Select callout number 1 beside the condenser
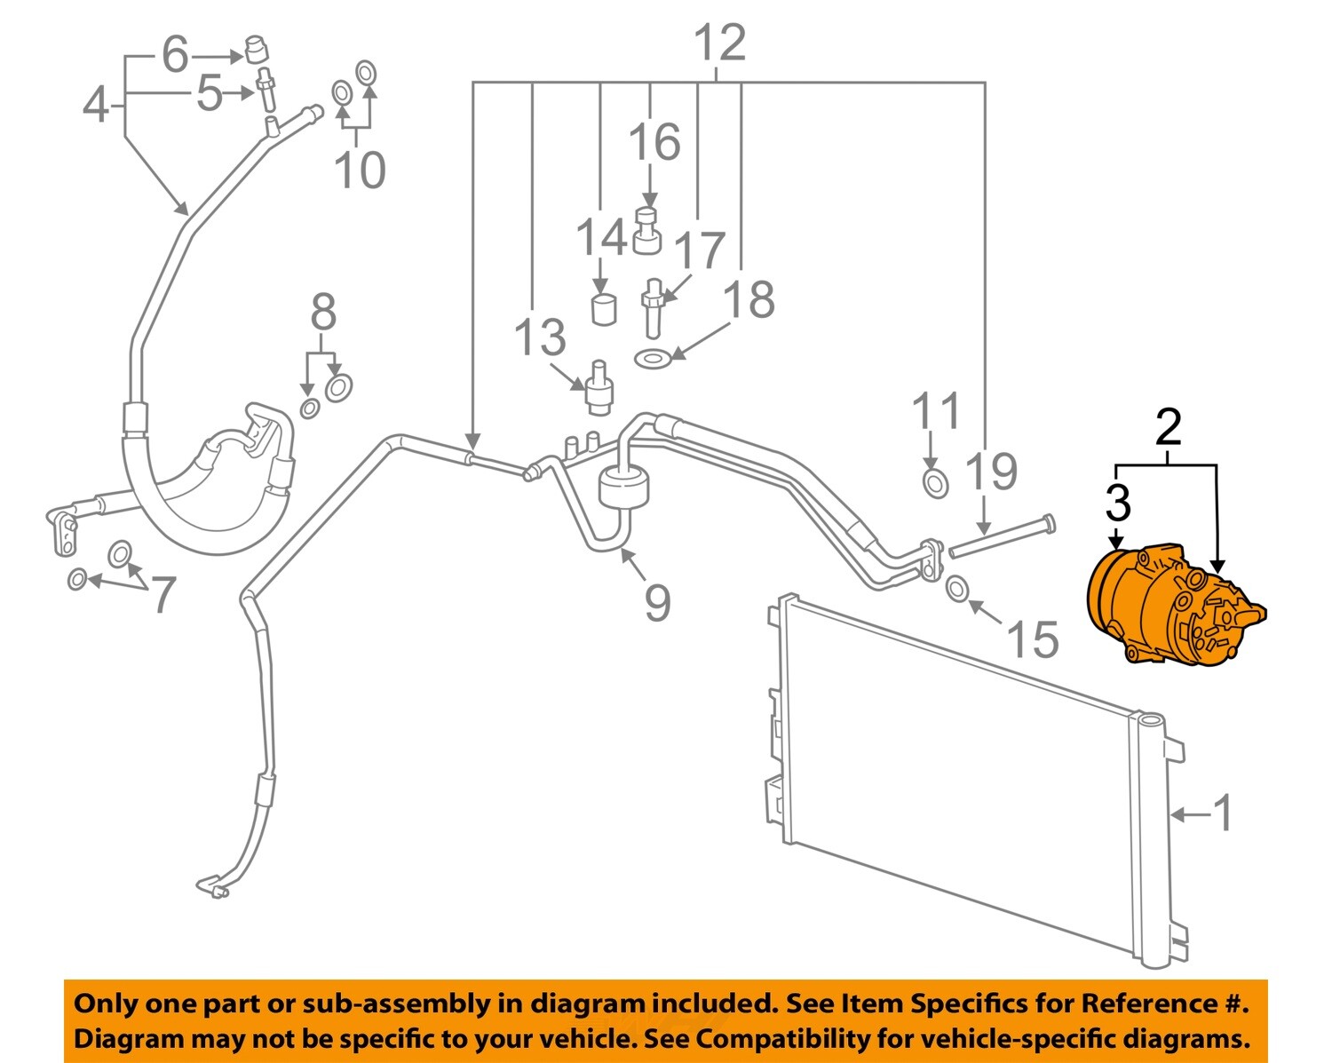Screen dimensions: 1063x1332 1223,813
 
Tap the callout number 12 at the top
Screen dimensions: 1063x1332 718,43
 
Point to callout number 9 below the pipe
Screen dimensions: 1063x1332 657,603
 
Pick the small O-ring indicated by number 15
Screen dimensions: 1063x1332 957,588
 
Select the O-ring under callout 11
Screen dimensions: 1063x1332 936,484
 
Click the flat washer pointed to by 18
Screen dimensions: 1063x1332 653,360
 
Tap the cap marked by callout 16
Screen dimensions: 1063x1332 648,232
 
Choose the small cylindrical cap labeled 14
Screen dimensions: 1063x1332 604,309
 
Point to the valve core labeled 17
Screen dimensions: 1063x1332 654,306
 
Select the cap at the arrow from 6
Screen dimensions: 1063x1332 257,49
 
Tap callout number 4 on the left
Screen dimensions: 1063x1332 95,105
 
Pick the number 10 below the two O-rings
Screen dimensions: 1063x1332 360,170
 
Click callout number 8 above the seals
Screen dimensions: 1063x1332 323,313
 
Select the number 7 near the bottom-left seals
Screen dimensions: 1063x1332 163,594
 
